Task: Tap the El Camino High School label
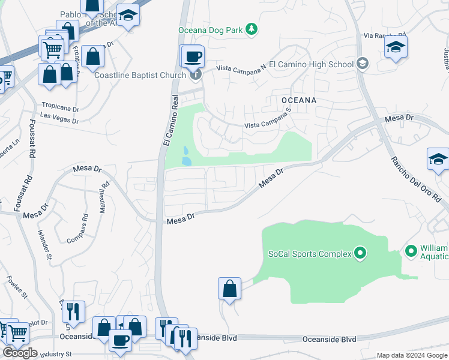click(x=311, y=64)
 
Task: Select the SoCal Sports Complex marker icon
click(x=360, y=253)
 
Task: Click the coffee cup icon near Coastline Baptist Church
click(x=192, y=57)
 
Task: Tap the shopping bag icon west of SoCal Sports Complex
click(x=230, y=289)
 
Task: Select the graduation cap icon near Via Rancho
click(x=396, y=47)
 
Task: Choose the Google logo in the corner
click(x=20, y=353)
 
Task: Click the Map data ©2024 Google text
click(x=412, y=355)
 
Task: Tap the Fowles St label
click(x=17, y=286)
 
